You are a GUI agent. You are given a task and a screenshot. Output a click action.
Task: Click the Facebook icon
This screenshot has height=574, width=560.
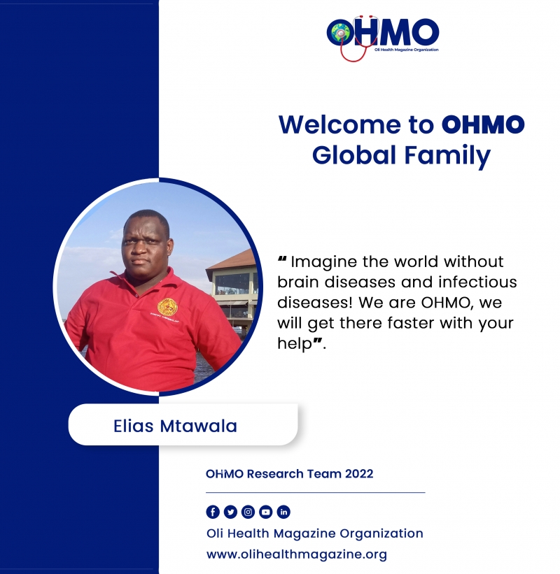coord(213,512)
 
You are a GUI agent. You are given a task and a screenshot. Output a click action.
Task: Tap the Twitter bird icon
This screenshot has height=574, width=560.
coord(230,512)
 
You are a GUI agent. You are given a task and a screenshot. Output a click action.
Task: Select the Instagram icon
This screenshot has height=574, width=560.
coord(248,512)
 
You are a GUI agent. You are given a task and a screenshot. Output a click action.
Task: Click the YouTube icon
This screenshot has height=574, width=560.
coord(266,512)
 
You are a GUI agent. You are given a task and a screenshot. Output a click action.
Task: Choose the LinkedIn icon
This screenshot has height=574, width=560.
coord(283,512)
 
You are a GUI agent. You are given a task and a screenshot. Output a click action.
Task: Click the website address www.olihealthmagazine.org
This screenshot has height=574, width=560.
coord(297,554)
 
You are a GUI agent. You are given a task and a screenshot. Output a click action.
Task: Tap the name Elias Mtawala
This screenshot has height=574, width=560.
coord(175,426)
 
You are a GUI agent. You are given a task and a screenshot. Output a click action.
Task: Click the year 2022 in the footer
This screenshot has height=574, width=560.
coord(359,474)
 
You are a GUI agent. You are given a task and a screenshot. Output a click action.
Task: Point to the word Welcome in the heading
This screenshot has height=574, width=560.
coord(340,124)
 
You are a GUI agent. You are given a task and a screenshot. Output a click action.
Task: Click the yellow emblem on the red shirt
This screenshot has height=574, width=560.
coord(167,307)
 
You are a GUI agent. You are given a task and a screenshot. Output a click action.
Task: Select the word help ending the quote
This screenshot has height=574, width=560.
coord(294,344)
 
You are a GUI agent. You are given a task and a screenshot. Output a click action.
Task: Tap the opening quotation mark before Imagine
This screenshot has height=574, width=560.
coord(282,259)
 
